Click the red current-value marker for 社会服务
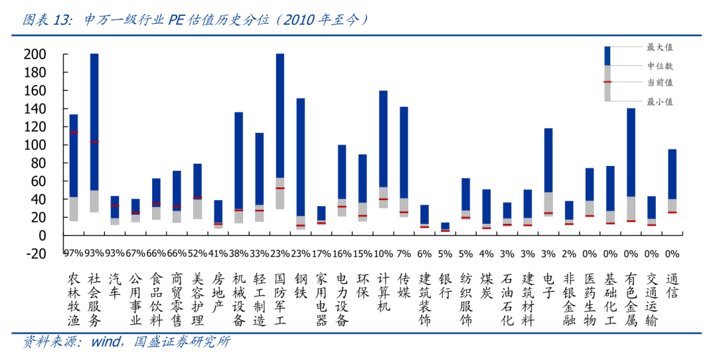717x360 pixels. point(94,141)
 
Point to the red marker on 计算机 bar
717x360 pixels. point(383,199)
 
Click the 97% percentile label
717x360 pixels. point(73,253)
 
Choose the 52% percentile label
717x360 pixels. point(197,253)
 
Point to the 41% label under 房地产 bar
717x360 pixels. point(218,253)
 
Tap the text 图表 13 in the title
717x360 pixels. point(46,20)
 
